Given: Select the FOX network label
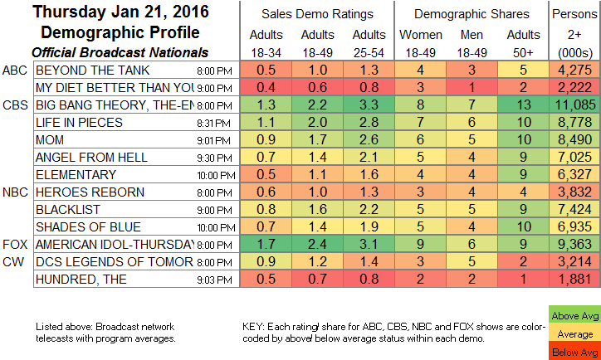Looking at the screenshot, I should pyautogui.click(x=13, y=244).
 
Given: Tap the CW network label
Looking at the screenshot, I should pyautogui.click(x=12, y=261).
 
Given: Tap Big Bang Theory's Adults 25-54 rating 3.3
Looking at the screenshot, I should pyautogui.click(x=370, y=106).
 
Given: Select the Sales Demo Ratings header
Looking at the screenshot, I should pyautogui.click(x=318, y=13).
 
